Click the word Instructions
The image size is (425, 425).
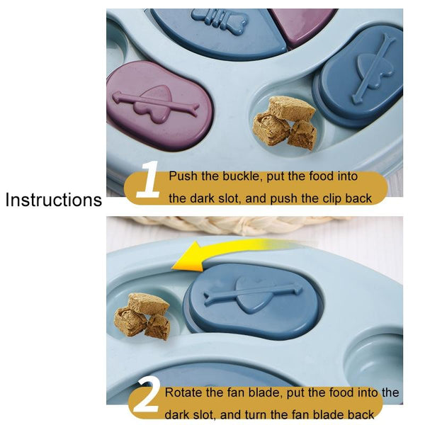(x=54, y=200)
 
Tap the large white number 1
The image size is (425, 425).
(x=148, y=179)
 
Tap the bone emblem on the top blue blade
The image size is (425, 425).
(x=220, y=19)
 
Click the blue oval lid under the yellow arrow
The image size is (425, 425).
(x=253, y=302)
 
